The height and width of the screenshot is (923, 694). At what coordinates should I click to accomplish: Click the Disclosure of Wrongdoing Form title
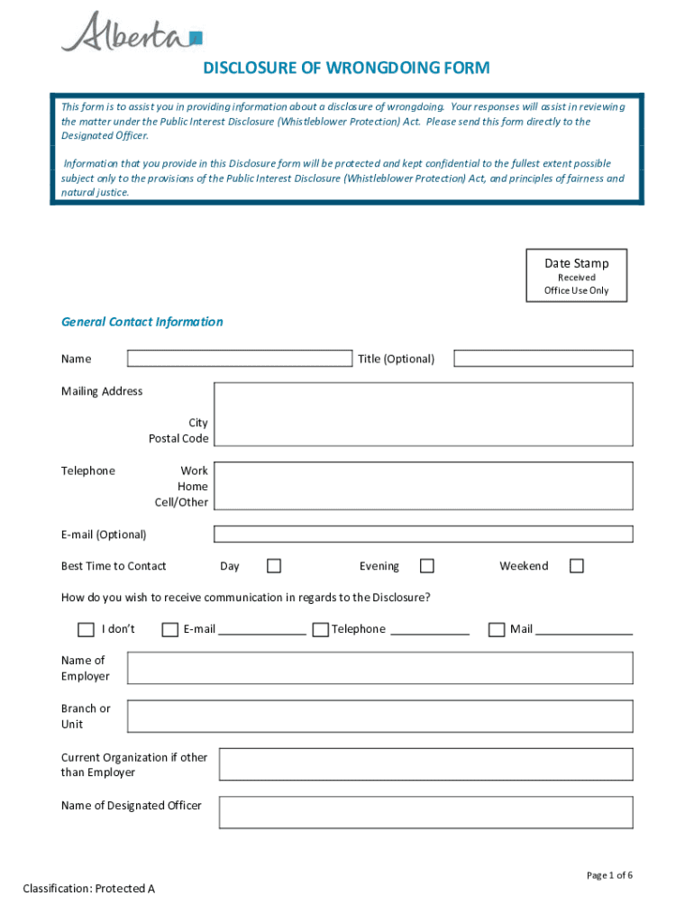pos(346,69)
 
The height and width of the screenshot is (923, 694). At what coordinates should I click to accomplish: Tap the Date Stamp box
pos(576,275)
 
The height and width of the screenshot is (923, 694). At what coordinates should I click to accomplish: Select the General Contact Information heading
pos(142,322)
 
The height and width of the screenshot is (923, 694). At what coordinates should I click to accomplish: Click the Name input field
pos(239,359)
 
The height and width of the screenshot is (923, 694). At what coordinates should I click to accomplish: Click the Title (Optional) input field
pos(543,359)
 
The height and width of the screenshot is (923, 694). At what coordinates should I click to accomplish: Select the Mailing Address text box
pos(423,414)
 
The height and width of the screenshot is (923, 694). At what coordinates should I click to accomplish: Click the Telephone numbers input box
pos(423,487)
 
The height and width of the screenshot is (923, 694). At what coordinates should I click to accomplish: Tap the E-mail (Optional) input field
pos(423,535)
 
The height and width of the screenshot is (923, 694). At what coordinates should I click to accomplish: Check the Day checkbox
pos(274,566)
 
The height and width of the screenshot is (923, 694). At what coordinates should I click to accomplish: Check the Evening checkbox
pos(427,566)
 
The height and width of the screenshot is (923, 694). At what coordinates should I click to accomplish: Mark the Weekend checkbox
pos(577,566)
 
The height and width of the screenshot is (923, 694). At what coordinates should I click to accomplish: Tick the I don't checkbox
pos(86,630)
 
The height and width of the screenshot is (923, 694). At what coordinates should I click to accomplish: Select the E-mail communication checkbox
pos(169,630)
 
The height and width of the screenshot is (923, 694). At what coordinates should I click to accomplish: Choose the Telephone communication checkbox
pos(320,630)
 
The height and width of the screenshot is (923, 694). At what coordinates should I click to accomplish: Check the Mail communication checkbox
pos(497,630)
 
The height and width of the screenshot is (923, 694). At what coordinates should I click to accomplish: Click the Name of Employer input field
pos(379,668)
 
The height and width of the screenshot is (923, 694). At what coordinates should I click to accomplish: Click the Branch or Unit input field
pos(379,717)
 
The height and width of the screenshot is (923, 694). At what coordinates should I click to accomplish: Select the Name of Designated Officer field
pos(425,812)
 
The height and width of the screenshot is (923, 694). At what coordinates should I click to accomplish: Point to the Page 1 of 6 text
pos(609,875)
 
